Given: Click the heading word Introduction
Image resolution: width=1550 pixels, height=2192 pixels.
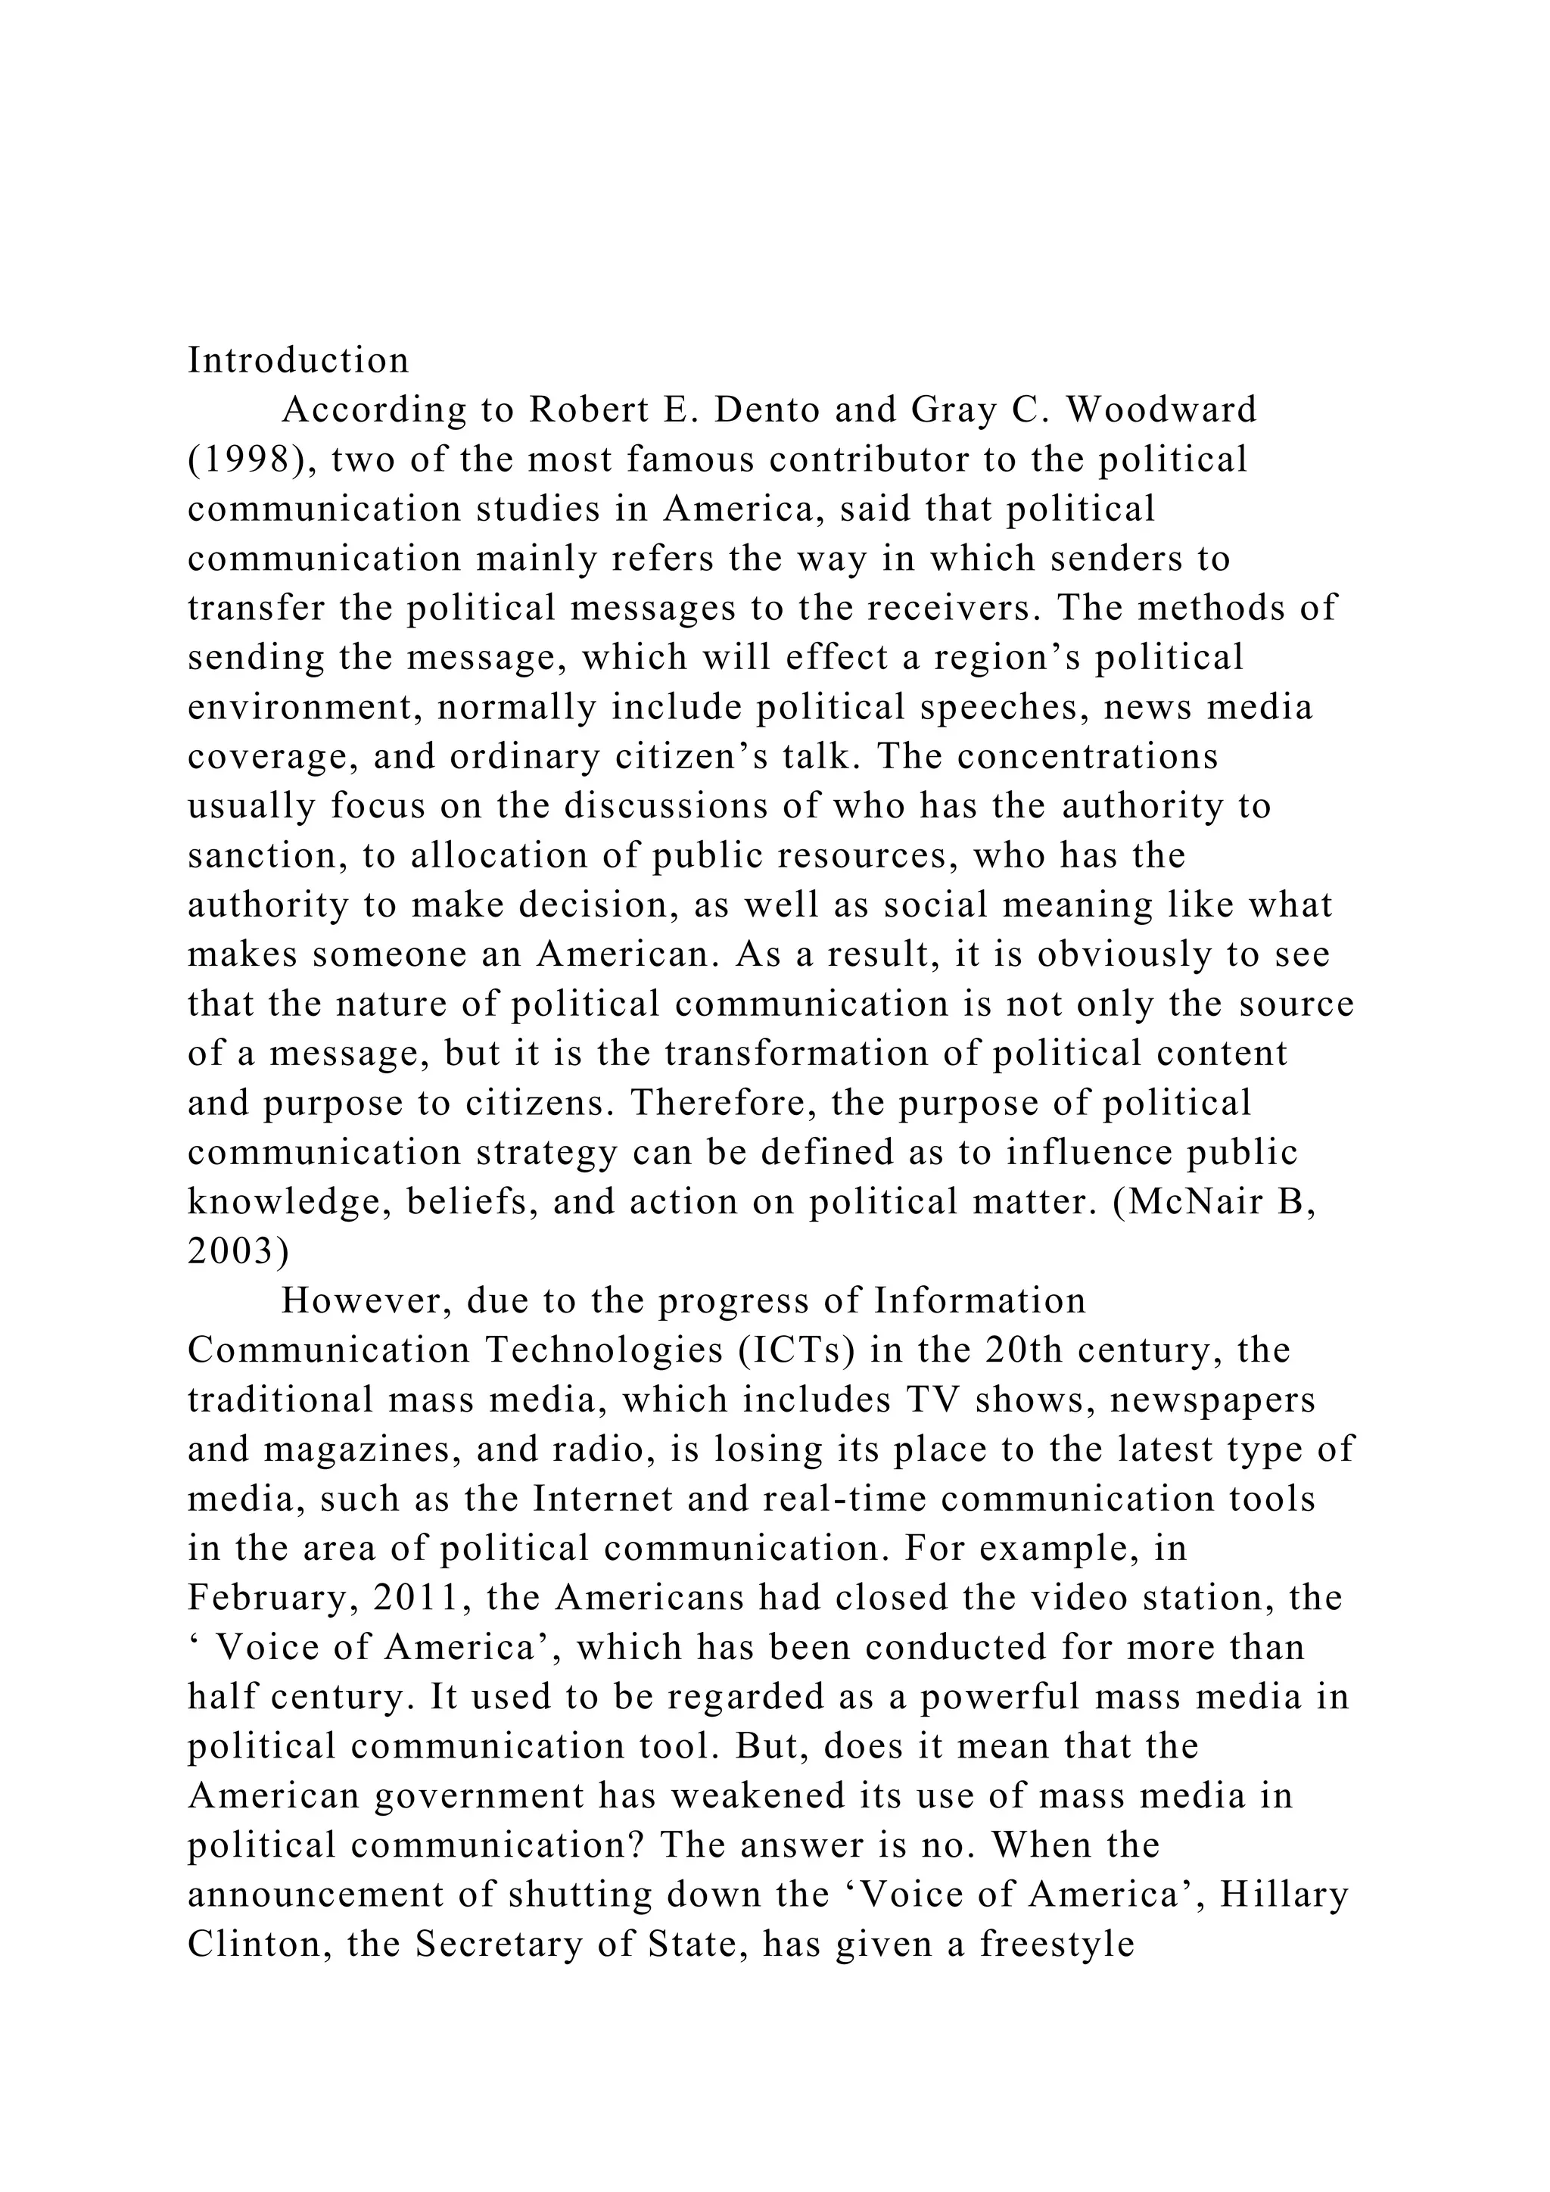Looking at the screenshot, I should tap(297, 361).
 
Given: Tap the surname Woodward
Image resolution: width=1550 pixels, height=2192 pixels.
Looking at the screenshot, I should tap(1162, 410).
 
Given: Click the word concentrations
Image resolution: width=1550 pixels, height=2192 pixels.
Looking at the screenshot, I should tap(1088, 757).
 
